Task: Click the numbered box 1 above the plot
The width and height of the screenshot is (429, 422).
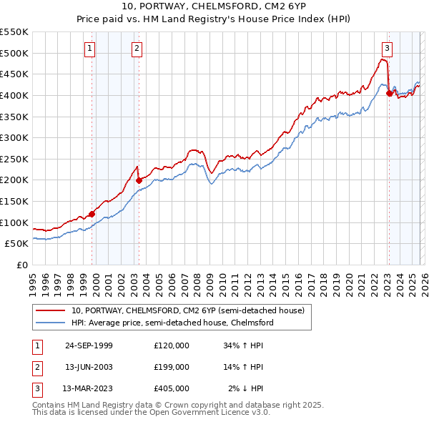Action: tap(91, 49)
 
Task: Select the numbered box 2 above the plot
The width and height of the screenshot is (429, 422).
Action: tap(137, 49)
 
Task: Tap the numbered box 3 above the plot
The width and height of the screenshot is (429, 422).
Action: tap(387, 49)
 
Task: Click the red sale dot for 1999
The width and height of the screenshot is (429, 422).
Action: tap(92, 213)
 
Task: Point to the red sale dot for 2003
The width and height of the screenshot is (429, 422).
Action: tap(139, 180)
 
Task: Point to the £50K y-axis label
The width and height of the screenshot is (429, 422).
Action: tap(17, 243)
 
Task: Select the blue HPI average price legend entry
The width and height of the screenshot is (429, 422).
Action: tap(172, 323)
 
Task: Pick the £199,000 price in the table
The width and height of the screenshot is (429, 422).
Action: tap(172, 367)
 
